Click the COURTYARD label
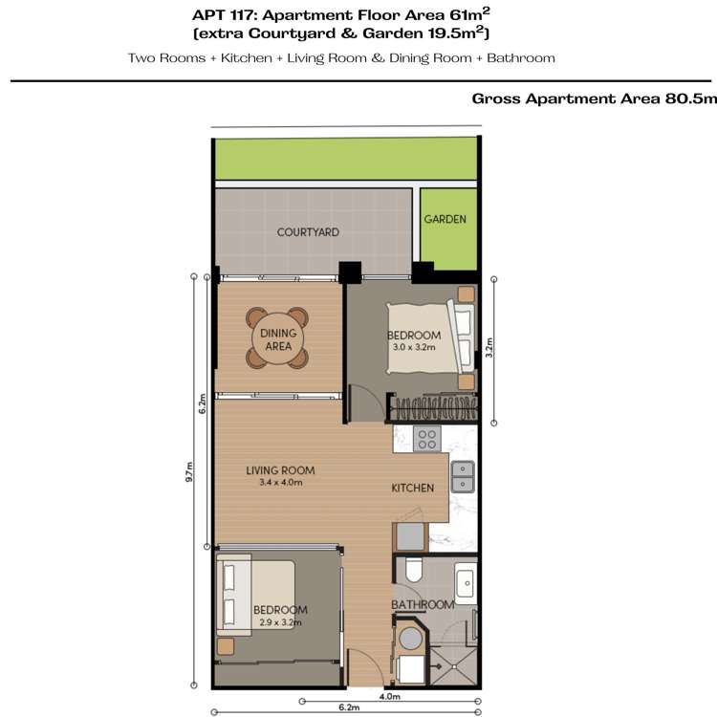point(308,232)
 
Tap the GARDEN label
point(445,219)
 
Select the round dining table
point(277,338)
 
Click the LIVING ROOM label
point(280,470)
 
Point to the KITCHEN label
point(413,488)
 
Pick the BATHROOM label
point(423,604)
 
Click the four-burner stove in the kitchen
point(426,440)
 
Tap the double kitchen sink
point(463,469)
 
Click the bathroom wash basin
point(465,581)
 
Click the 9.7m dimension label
point(191,472)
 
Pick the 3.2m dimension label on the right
point(490,345)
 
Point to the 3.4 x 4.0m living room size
point(280,483)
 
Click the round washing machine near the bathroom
point(413,639)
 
